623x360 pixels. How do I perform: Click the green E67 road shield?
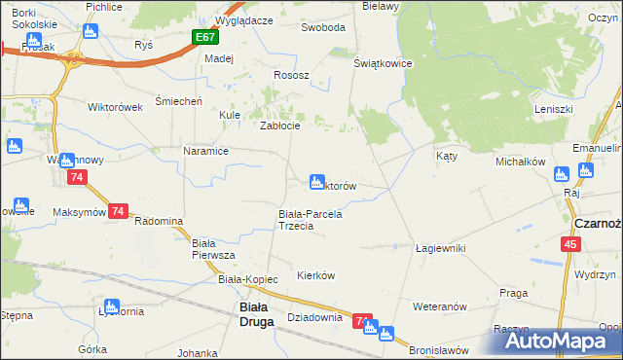pyautogui.click(x=203, y=37)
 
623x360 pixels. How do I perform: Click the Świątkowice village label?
pyautogui.click(x=384, y=63)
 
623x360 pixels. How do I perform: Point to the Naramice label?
pyautogui.click(x=205, y=151)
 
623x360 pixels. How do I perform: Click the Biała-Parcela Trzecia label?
pyautogui.click(x=311, y=220)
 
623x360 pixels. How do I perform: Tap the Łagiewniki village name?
pyautogui.click(x=440, y=248)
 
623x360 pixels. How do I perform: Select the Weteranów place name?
pyautogui.click(x=441, y=306)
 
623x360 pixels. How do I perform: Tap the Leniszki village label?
pyautogui.click(x=553, y=109)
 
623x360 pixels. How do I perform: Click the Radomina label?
pyautogui.click(x=159, y=221)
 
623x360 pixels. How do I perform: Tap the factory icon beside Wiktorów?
pyautogui.click(x=315, y=181)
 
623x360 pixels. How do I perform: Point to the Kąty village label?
pyautogui.click(x=447, y=156)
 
